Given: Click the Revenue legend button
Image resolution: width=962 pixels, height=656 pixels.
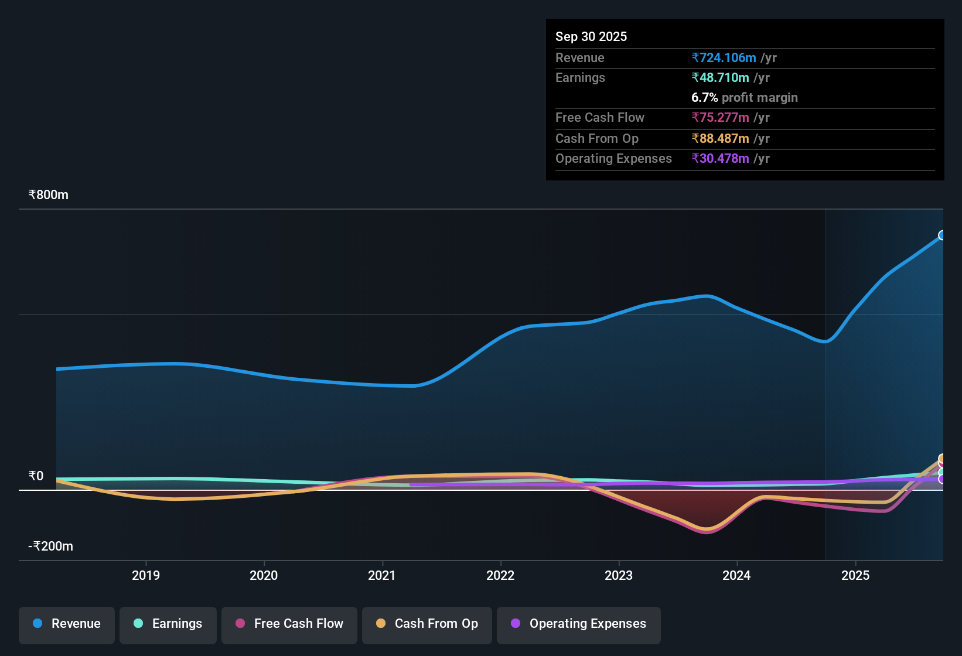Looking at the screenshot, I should click(x=67, y=624).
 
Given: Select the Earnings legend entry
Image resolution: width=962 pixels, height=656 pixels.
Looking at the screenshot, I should click(x=168, y=624).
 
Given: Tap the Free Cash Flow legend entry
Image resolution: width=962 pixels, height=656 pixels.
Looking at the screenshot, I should click(x=289, y=624).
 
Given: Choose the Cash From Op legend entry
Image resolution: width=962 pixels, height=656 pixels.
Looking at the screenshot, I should click(x=427, y=624).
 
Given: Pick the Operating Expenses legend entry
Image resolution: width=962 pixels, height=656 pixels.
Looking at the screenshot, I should click(x=579, y=624).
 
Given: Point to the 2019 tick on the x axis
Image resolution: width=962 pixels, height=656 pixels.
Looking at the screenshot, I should click(x=146, y=575).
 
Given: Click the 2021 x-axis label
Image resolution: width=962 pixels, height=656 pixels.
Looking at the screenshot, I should click(x=382, y=575).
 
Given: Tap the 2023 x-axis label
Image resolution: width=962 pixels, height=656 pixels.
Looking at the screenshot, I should click(x=619, y=575).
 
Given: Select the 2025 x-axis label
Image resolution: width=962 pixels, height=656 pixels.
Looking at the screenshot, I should click(x=855, y=575).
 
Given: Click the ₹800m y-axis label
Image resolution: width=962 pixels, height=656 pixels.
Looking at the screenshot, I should click(x=49, y=195).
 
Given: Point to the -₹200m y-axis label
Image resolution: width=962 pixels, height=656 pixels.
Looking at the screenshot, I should click(x=51, y=546).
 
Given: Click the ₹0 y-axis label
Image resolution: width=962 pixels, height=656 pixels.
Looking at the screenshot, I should click(x=36, y=476).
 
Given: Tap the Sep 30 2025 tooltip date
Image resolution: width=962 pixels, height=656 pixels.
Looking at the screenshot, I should click(x=591, y=36).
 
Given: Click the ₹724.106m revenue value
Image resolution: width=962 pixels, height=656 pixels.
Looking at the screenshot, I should click(x=724, y=57).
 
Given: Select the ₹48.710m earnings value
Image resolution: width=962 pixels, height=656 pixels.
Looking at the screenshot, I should click(x=721, y=77).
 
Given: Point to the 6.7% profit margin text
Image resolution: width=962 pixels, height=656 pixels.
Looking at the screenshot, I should click(x=744, y=97).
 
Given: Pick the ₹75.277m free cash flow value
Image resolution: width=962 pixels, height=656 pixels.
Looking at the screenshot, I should click(x=721, y=117).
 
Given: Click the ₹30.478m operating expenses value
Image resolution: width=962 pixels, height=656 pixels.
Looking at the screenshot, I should click(x=721, y=158).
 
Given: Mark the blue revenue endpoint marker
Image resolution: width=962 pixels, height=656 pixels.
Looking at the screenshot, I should click(x=942, y=235).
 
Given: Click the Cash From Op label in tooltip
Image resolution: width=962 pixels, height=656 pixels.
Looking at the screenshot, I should click(x=597, y=138).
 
